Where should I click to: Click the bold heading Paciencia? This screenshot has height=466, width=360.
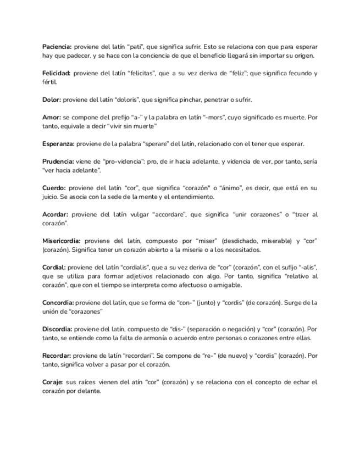point(57,47)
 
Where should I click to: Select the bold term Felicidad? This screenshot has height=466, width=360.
point(57,74)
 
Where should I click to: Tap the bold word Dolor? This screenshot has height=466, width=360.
point(52,100)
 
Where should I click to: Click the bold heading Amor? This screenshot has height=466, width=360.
point(52,118)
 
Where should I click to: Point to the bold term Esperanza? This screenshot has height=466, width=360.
point(59,144)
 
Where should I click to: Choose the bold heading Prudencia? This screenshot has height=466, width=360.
point(58,162)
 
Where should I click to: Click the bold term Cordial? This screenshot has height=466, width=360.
point(54,267)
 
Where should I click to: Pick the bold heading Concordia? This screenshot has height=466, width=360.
point(58,302)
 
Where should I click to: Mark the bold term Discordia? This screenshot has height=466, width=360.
point(57,329)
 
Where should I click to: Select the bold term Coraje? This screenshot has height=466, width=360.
point(53,381)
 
